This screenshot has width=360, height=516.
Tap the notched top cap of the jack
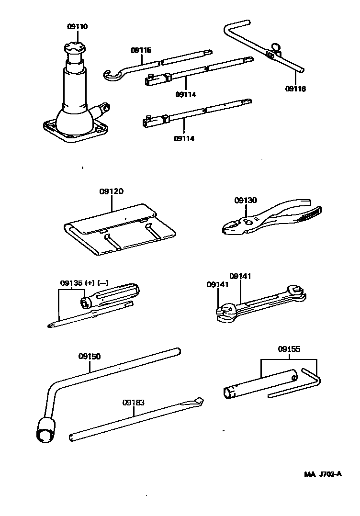(75, 48)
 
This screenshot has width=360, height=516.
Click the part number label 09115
(141, 49)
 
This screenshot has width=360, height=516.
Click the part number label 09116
(295, 89)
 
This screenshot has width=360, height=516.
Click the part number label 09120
(112, 191)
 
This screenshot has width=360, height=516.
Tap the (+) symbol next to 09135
(90, 282)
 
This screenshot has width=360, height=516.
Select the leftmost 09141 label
(218, 284)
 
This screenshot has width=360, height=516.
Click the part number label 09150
(90, 357)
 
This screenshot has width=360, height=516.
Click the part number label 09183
(133, 403)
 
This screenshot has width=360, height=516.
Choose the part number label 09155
(289, 349)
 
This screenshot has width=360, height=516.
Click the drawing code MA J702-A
(323, 474)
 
